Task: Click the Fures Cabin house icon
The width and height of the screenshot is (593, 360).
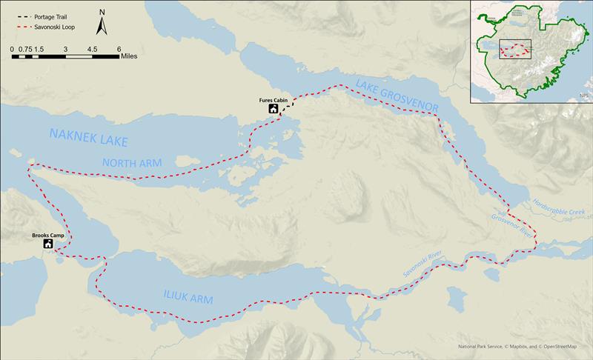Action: point(274,110)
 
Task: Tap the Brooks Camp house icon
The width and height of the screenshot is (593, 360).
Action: point(48,244)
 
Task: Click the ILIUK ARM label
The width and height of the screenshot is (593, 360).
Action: point(188,298)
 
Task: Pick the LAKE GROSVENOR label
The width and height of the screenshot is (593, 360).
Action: point(397,96)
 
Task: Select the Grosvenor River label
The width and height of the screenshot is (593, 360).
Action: point(511,223)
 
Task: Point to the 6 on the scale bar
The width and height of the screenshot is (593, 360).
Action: point(119,48)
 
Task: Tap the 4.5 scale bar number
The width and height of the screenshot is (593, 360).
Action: point(93,48)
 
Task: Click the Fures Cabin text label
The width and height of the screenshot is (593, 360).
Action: point(273,99)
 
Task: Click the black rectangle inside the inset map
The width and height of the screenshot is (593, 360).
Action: point(516,49)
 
